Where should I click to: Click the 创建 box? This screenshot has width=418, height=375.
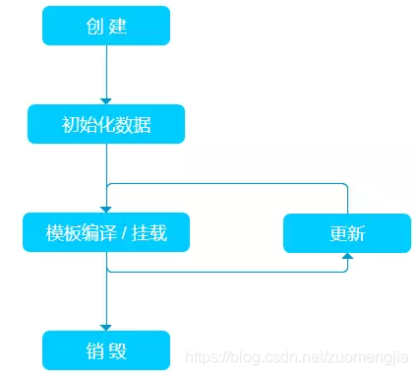106,26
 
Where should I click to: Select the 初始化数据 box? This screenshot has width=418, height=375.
106,124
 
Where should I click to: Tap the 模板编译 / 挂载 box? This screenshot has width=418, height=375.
106,233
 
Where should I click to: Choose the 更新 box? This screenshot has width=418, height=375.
347,233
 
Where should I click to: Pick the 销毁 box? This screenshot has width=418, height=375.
106,349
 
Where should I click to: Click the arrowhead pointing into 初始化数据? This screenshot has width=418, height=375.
106,100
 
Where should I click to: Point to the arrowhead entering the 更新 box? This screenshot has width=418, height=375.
347,257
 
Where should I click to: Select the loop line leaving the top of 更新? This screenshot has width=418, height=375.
347,197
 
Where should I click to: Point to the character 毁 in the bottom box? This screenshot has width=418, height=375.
119,349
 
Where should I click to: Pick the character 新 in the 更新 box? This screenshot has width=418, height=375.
358,233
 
